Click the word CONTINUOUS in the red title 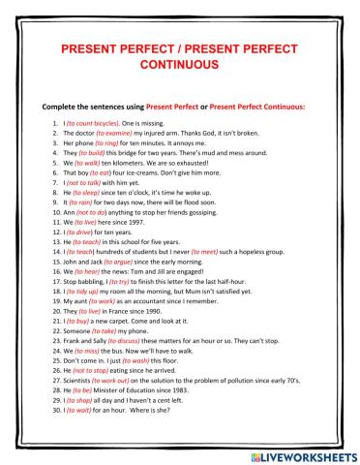[179, 65]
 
